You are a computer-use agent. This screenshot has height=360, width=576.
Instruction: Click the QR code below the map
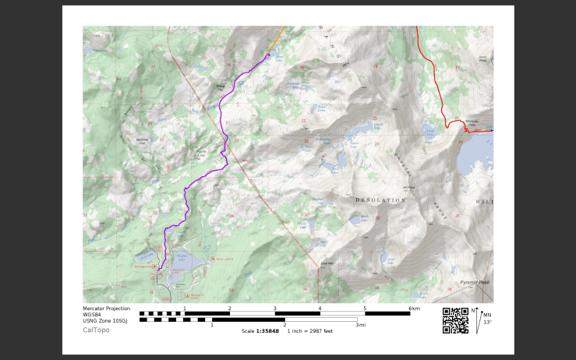pyautogui.click(x=454, y=321)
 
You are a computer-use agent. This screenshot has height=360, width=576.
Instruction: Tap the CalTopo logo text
pyautogui.click(x=96, y=330)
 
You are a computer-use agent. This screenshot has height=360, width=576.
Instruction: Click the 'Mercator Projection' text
pyautogui.click(x=107, y=309)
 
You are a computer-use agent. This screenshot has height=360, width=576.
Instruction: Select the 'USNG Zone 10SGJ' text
pyautogui.click(x=107, y=319)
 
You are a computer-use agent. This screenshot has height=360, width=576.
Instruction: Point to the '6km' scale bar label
pyautogui.click(x=414, y=309)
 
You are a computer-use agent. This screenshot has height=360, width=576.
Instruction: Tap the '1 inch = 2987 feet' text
pyautogui.click(x=310, y=331)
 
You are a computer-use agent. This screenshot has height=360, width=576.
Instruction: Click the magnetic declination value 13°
pyautogui.click(x=487, y=322)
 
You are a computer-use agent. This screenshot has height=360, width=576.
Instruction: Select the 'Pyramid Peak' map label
pyautogui.click(x=473, y=282)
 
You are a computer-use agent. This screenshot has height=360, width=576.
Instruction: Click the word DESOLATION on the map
pyautogui.click(x=380, y=200)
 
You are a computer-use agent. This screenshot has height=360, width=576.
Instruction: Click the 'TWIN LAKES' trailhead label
pyautogui.click(x=225, y=259)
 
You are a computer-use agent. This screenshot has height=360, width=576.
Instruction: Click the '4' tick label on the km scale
pyautogui.click(x=320, y=309)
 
